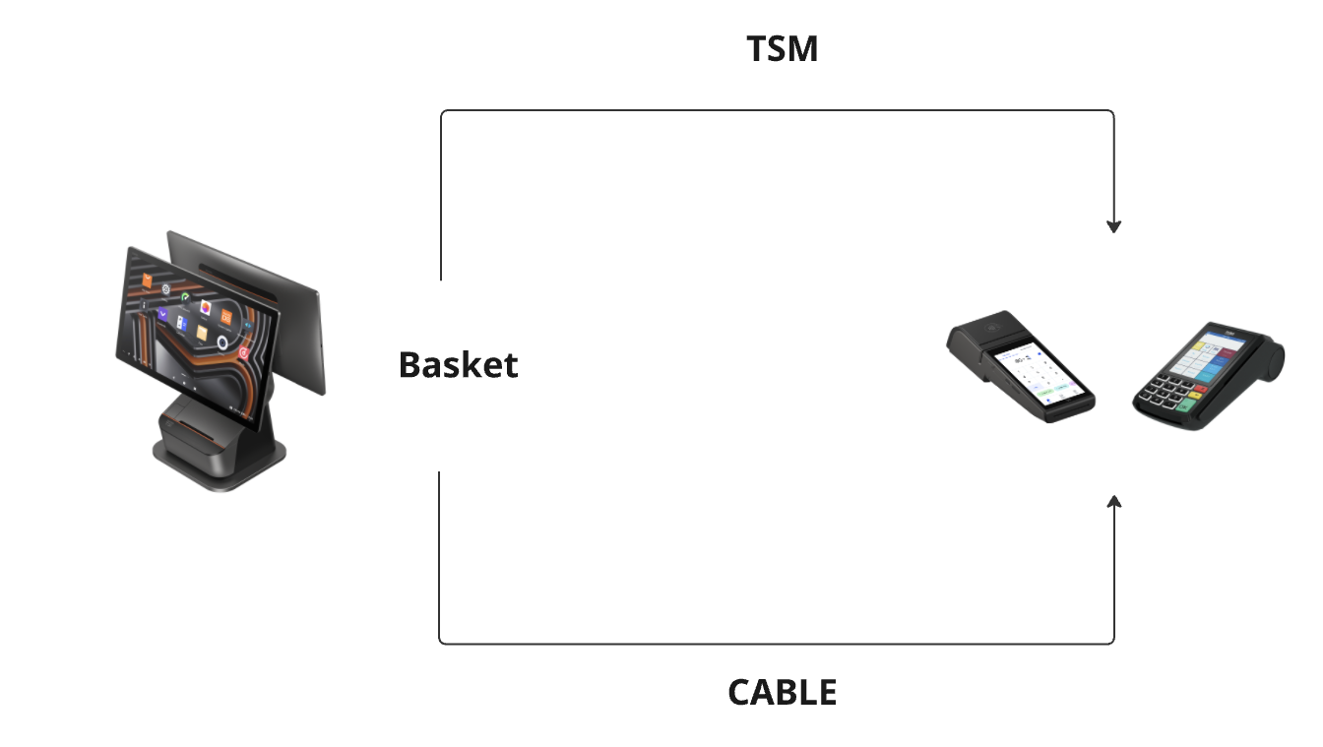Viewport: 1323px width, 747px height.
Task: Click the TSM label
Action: point(783,49)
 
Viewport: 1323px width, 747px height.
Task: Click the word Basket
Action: point(458,365)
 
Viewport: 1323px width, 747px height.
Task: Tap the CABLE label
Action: point(783,693)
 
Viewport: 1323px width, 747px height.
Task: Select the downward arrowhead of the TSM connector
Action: point(1113,226)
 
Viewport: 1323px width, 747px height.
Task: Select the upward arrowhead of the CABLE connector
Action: point(1113,502)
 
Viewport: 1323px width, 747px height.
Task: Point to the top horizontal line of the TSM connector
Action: point(778,110)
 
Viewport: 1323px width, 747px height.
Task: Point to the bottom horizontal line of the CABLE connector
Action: point(778,644)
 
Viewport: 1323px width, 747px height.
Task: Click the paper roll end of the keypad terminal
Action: point(1274,360)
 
